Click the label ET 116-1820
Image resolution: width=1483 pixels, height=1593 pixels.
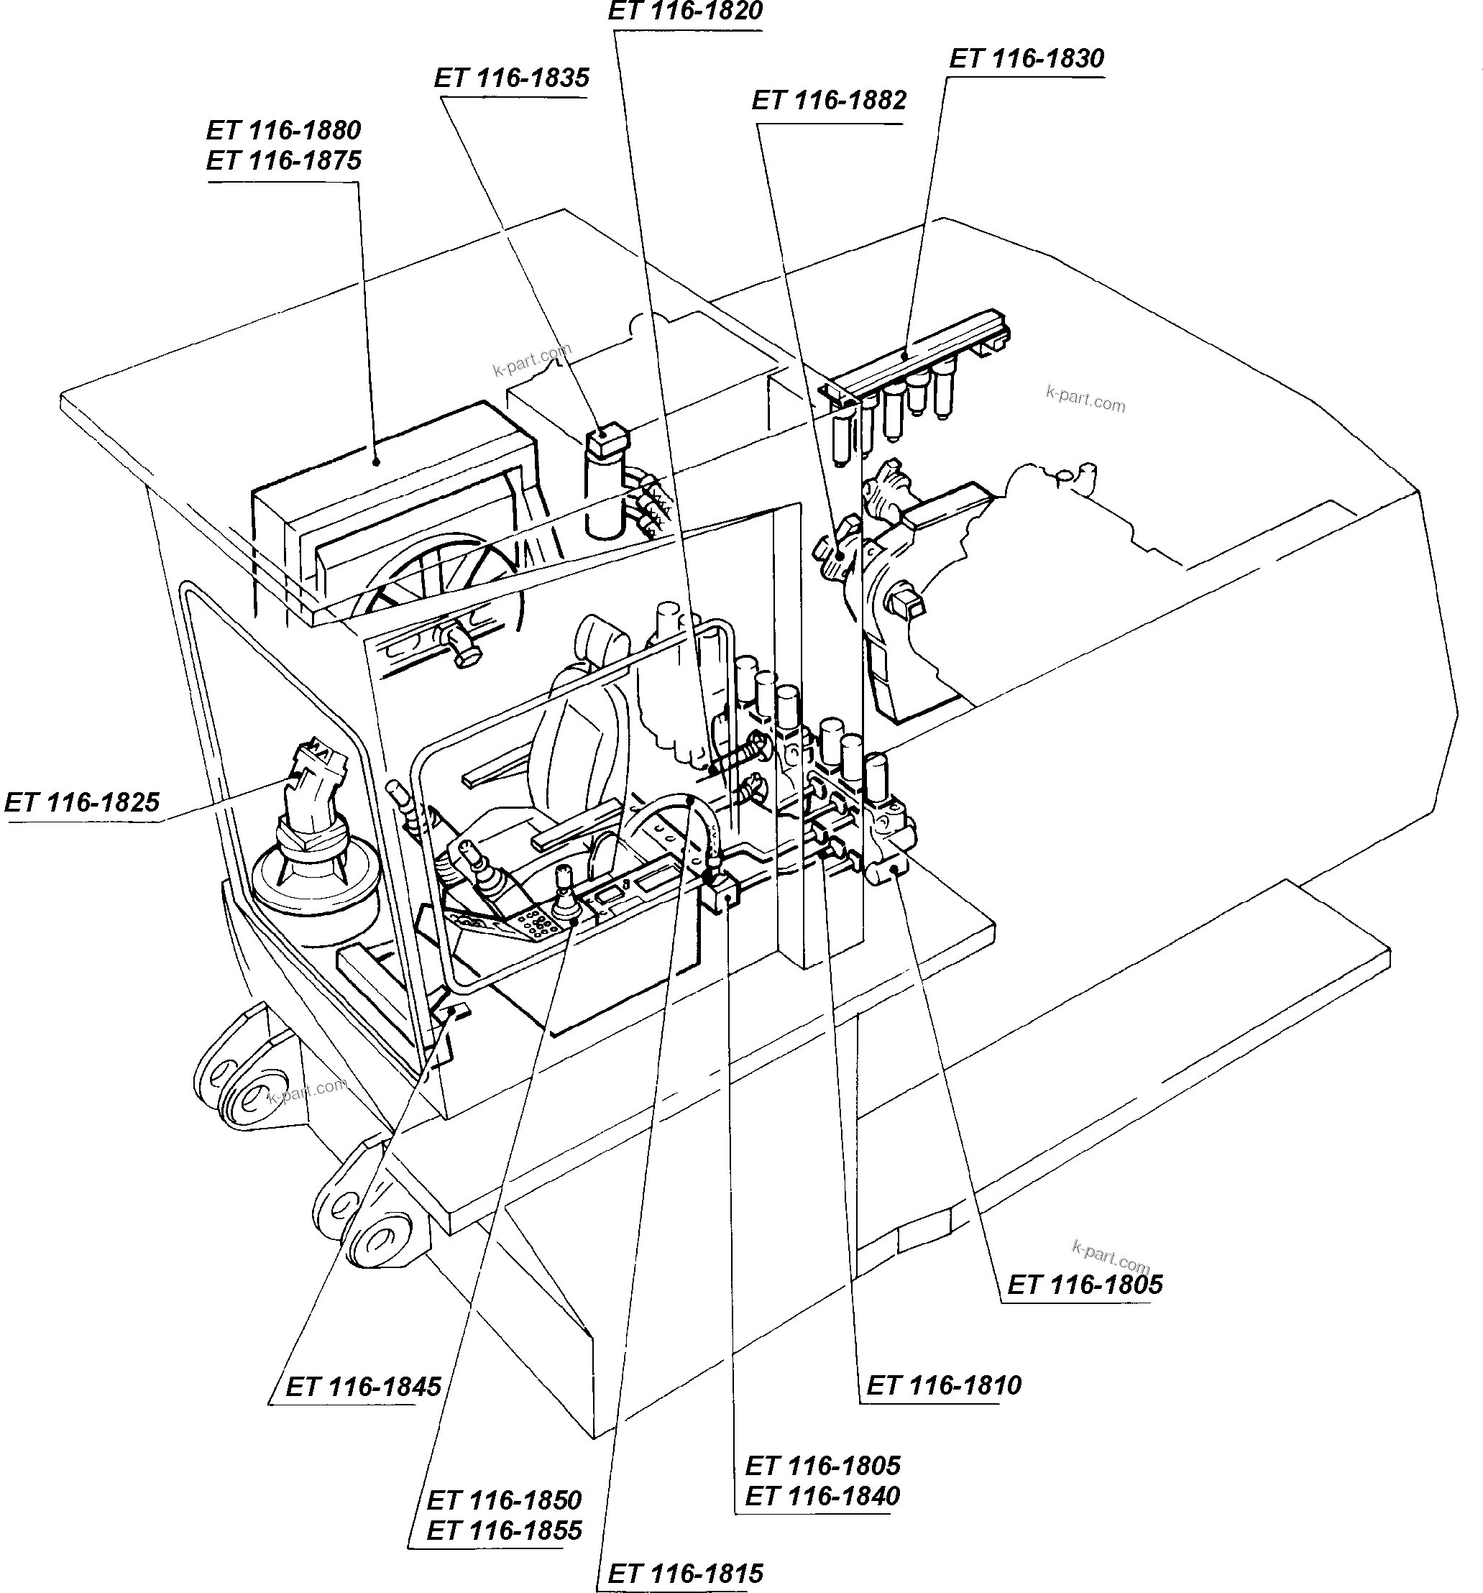tap(685, 12)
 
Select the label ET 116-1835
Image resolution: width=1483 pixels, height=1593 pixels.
tap(511, 78)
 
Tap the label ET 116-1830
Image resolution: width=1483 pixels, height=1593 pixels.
tap(1027, 59)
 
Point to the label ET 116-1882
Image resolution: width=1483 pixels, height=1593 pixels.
tap(828, 101)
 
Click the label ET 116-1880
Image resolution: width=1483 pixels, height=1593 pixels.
tap(284, 131)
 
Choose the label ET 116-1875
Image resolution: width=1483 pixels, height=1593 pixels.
tap(284, 161)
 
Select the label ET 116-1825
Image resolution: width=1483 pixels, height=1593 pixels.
tap(82, 802)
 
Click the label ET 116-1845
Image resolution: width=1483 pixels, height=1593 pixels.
tap(363, 1387)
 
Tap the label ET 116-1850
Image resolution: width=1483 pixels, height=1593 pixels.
tap(504, 1500)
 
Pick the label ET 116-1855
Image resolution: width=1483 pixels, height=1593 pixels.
tap(504, 1530)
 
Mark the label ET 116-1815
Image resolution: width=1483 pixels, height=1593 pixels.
tap(685, 1574)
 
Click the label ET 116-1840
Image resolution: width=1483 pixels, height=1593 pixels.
tap(822, 1496)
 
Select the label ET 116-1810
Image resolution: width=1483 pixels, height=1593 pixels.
tap(944, 1385)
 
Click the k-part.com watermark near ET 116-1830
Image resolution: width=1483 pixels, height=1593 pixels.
tap(1085, 398)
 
